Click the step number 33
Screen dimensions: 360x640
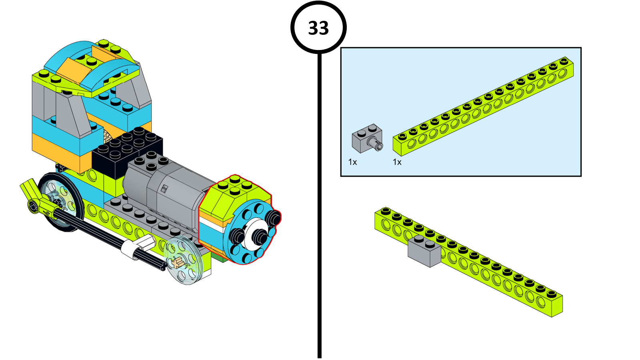(x=318, y=28)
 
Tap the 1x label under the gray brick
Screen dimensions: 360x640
(x=352, y=162)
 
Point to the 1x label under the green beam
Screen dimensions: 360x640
(x=397, y=162)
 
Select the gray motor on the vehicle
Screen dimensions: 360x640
(x=168, y=188)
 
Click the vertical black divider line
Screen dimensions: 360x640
(x=320, y=200)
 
